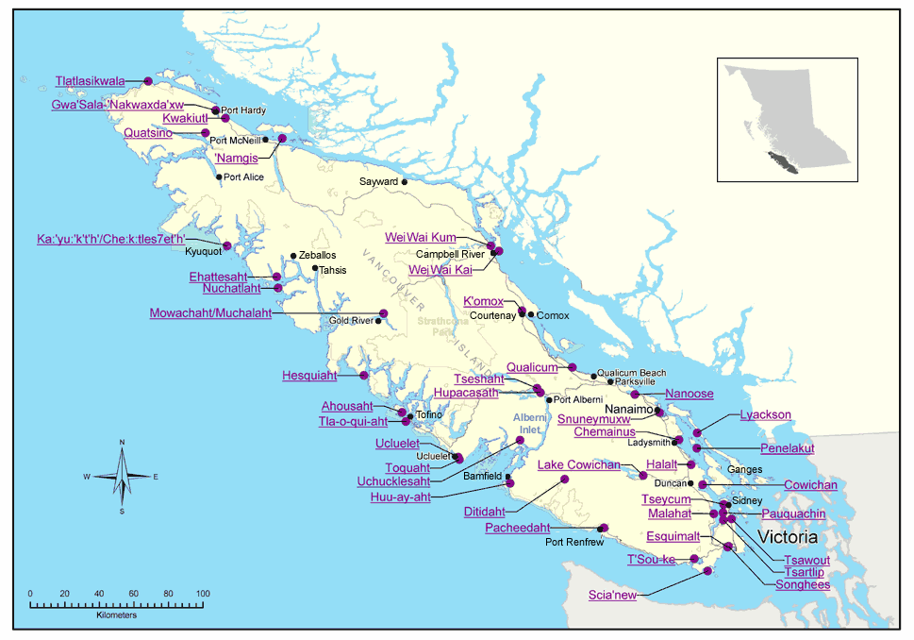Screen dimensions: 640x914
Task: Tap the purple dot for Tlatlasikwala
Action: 148,81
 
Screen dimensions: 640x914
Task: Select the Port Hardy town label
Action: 242,110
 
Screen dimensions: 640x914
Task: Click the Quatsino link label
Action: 147,133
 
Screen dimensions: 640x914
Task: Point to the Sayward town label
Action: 379,181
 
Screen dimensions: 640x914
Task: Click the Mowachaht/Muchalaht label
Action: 210,313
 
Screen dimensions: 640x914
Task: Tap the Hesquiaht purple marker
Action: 364,376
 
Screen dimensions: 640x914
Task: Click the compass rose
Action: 122,477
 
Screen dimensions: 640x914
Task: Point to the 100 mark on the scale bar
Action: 202,593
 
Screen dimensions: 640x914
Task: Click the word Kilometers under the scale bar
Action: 116,615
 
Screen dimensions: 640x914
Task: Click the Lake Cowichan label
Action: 579,464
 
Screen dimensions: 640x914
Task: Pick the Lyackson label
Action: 765,414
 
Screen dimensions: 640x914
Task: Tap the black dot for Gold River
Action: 378,321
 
